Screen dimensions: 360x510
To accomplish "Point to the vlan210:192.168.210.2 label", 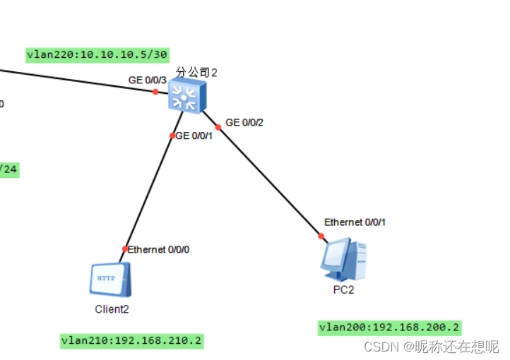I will coord(132,341).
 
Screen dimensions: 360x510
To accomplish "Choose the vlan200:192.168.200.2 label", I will coord(389,327).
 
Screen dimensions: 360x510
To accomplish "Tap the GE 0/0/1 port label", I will coord(194,136).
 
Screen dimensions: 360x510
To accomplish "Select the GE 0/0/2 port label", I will coord(244,122).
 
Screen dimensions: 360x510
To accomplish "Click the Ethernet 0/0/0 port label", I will coord(159,249).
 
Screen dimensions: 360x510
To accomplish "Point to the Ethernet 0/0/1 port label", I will coord(355,222).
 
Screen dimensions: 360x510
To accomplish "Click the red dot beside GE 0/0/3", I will coord(156,91).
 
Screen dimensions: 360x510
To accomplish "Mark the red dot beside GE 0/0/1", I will coord(172,136).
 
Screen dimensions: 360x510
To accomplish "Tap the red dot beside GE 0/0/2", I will coord(219,127).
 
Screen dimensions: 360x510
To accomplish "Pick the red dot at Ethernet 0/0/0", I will coord(125,248).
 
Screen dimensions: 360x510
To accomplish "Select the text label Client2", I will coord(112,308).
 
